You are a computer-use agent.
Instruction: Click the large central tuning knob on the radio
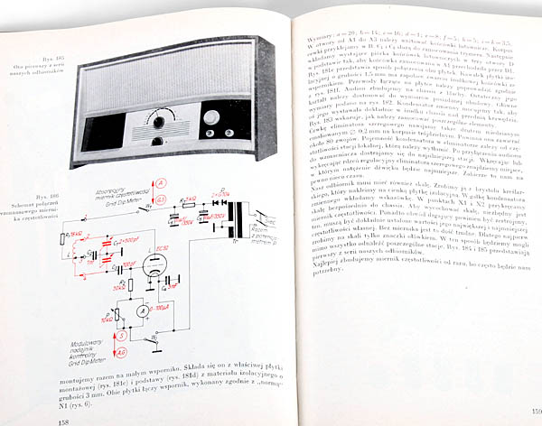coord(160,120)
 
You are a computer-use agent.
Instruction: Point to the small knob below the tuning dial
coord(159,142)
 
